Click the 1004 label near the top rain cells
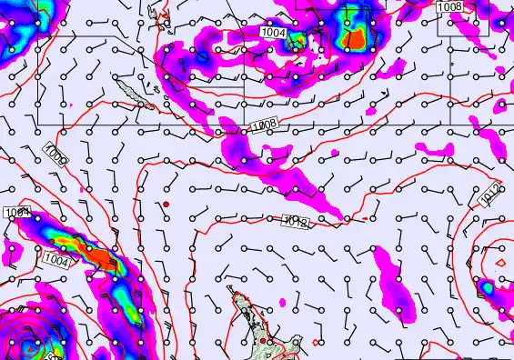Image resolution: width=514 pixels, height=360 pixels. point(274,33)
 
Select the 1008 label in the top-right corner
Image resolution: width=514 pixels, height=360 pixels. point(449,7)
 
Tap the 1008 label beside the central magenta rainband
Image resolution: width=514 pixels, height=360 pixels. point(264,123)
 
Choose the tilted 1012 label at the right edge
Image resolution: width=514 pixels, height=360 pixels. point(489,194)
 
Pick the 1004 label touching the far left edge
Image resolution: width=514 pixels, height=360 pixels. point(16,213)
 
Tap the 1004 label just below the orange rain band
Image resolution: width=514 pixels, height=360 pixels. point(55,260)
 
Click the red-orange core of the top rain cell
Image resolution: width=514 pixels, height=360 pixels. point(356,38)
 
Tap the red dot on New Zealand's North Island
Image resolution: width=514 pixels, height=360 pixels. point(262,341)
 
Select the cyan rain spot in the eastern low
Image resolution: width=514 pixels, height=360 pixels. point(488,288)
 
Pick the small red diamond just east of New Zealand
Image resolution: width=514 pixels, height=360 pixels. point(316,342)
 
